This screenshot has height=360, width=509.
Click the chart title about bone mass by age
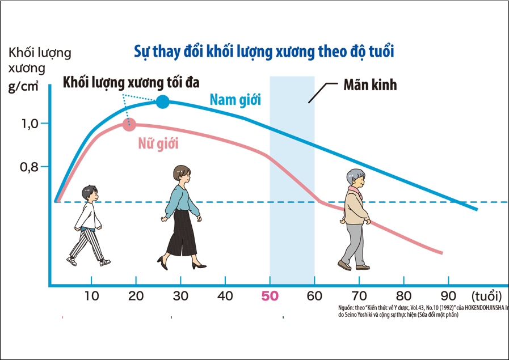(264, 52)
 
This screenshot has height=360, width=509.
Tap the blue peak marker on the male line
(163, 102)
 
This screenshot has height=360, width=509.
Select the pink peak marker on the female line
(129, 124)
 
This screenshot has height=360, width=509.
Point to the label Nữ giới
(158, 143)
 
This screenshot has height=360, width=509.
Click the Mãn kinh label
(370, 86)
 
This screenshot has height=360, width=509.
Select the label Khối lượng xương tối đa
(131, 82)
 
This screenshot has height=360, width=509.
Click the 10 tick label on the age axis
(91, 296)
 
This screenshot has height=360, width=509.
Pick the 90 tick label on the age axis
(448, 296)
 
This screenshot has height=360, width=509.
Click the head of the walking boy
(89, 193)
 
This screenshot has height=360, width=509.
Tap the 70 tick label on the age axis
(359, 296)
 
